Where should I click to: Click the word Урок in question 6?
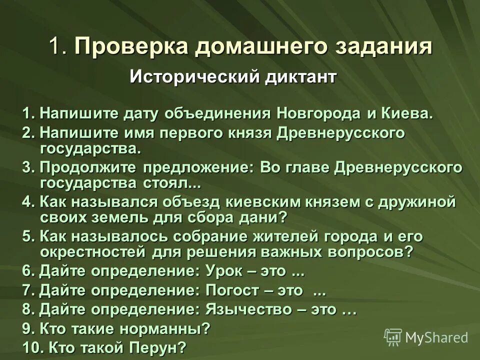(x=223, y=271)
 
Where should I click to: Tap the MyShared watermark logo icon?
(x=393, y=337)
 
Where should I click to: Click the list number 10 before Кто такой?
(x=31, y=347)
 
